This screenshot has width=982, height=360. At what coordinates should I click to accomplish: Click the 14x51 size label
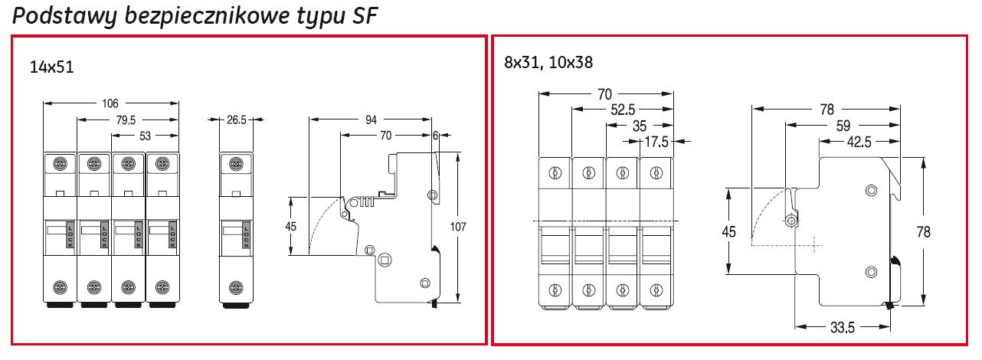coord(51,67)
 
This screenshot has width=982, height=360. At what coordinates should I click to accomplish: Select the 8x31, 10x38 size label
coord(548,63)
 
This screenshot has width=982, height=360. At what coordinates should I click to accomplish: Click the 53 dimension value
coord(146,136)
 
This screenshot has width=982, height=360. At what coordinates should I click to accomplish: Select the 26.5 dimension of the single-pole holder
coord(237,120)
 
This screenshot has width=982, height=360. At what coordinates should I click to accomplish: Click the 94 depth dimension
coord(372,120)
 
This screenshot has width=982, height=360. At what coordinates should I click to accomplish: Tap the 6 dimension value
coord(437,136)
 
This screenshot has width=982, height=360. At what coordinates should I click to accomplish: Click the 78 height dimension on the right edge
coord(924,231)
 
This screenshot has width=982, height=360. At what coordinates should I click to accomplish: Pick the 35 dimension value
coord(639,126)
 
